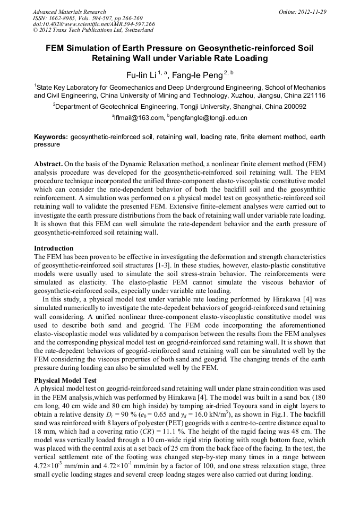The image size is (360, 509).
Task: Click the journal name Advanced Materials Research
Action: (70, 12)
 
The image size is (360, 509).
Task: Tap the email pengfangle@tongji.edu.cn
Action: (208, 117)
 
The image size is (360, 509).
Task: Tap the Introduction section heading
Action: (54, 248)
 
